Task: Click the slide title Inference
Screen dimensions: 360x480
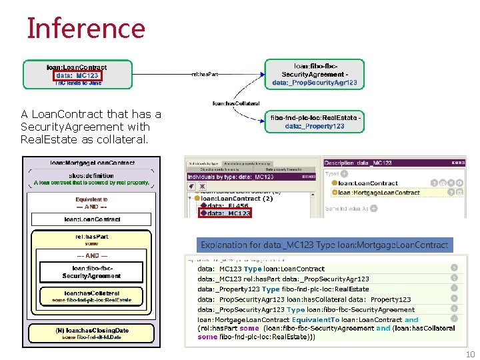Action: click(85, 28)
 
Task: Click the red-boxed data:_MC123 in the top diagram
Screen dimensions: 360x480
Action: click(77, 75)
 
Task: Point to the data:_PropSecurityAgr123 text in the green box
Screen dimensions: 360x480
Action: click(315, 83)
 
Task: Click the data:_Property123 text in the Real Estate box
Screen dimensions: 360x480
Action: click(315, 126)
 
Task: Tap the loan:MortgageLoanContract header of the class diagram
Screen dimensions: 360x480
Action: click(92, 162)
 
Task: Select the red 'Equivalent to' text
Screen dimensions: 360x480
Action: click(92, 199)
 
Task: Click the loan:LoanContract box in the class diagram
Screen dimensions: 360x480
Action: click(92, 219)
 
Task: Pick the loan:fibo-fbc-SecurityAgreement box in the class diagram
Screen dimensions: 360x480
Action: click(92, 272)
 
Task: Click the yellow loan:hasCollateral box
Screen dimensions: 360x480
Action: click(92, 296)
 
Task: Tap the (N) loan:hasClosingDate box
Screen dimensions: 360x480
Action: click(92, 333)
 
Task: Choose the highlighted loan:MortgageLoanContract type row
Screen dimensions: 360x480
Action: click(379, 192)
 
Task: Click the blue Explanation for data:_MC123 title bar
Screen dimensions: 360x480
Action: click(324, 245)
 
